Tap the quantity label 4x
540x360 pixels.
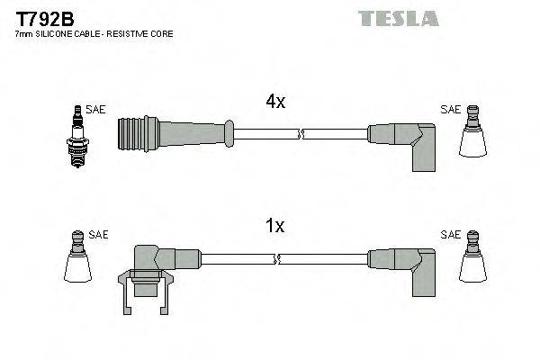tap(275, 103)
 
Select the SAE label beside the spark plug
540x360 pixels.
tap(96, 110)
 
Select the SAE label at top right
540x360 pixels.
tap(449, 110)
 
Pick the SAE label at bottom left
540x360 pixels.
tap(98, 234)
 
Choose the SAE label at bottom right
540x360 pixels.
tap(449, 234)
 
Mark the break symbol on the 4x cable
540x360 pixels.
tap(301, 136)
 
